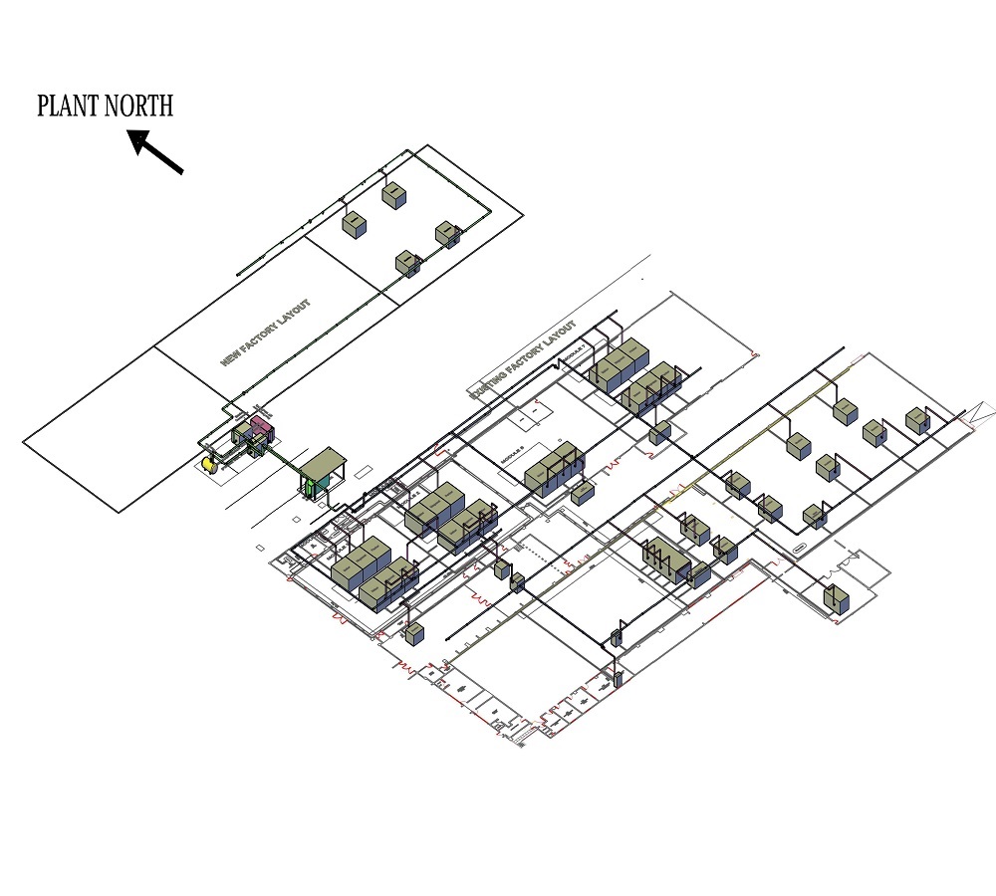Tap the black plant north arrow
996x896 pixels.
click(156, 152)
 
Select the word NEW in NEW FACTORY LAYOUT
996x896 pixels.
click(230, 355)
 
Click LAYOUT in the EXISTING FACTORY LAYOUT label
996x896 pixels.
click(559, 336)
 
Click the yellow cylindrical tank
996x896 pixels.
click(208, 463)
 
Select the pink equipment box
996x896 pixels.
click(262, 429)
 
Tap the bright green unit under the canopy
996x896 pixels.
click(312, 487)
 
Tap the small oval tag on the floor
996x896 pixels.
click(799, 547)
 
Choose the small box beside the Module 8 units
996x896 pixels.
click(584, 493)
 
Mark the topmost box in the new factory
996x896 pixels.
click(394, 195)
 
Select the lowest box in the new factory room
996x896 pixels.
click(406, 264)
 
